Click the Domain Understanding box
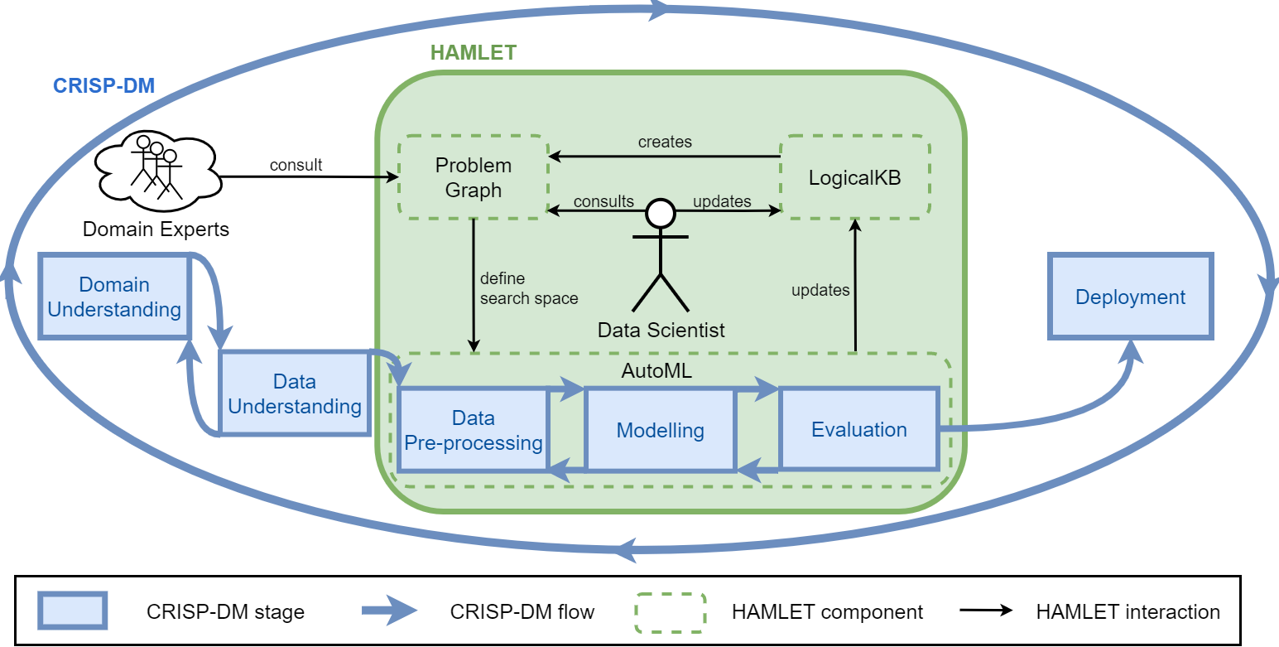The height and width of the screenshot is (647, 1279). (x=114, y=297)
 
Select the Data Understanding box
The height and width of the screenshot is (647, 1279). (x=294, y=394)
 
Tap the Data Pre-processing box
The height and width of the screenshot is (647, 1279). (x=473, y=430)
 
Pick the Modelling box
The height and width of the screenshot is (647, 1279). (x=660, y=430)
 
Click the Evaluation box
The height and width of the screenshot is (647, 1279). (x=858, y=429)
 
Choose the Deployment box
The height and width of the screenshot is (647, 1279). (x=1130, y=297)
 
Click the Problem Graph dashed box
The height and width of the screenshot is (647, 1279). (x=473, y=177)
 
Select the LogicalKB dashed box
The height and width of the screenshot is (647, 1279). (x=854, y=177)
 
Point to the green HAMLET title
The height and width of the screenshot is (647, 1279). (x=474, y=52)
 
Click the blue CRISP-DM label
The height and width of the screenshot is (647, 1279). (x=103, y=85)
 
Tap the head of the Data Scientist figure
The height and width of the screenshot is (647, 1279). (x=661, y=213)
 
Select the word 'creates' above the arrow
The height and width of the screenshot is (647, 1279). (x=665, y=142)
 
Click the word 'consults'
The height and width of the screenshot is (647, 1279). (x=603, y=201)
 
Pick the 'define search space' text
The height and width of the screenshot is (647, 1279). (x=528, y=288)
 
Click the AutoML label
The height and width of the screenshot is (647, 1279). (x=656, y=370)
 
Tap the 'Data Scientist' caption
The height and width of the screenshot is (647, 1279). (x=661, y=330)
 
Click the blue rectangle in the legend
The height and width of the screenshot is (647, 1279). (x=73, y=611)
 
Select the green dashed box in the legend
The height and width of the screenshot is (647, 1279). (x=670, y=612)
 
